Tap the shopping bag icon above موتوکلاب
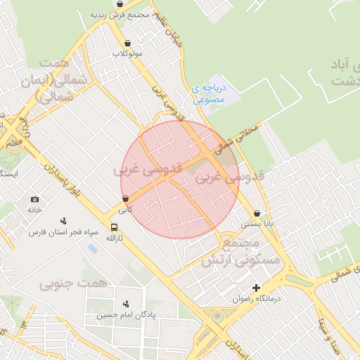[127, 42]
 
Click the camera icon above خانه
[35, 200]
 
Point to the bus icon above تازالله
[114, 227]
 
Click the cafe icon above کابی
[124, 199]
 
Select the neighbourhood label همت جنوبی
[73, 283]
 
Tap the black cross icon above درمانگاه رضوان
[256, 288]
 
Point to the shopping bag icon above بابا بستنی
[257, 213]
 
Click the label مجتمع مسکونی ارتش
[241, 251]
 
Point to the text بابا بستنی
[257, 224]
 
